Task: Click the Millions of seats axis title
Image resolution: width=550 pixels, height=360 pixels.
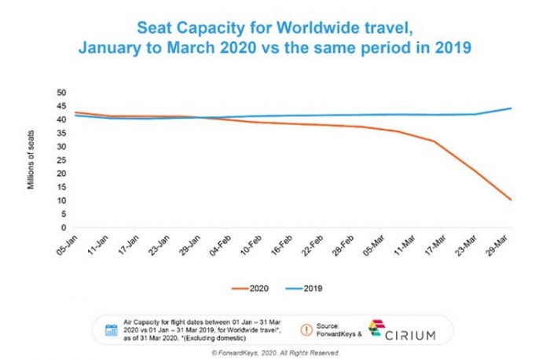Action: pyautogui.click(x=31, y=162)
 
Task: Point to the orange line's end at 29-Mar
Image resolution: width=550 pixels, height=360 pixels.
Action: pyautogui.click(x=511, y=200)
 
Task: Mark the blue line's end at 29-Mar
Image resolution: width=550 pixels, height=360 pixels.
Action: pyautogui.click(x=511, y=108)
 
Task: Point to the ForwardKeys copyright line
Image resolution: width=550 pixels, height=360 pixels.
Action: pyautogui.click(x=274, y=353)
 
